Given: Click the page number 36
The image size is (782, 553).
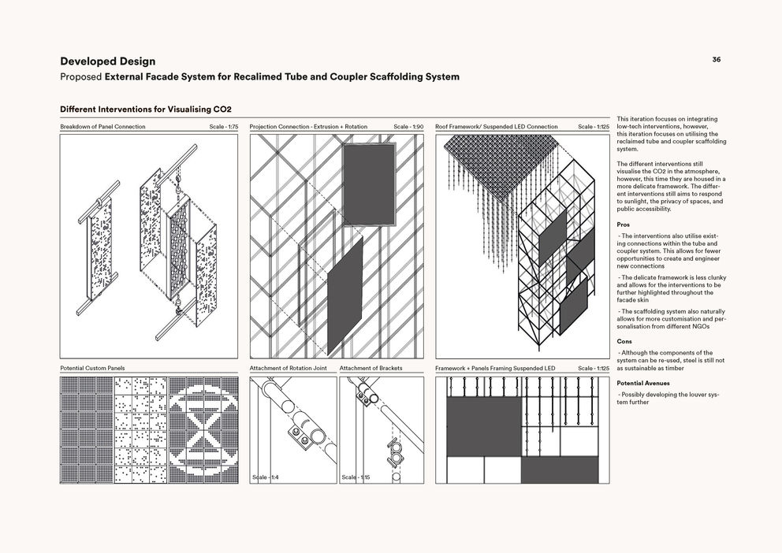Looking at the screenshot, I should click(716, 59).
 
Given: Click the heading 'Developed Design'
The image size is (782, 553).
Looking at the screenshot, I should click(107, 61).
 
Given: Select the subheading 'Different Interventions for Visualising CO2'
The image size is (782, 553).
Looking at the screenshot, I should click(146, 109).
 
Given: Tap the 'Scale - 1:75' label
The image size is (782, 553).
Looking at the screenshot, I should click(224, 127).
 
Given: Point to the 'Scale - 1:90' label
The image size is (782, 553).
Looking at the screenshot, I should click(408, 127).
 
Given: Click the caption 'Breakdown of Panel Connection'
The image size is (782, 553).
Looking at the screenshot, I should click(102, 127).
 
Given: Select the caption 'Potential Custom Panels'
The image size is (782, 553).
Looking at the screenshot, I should click(92, 368).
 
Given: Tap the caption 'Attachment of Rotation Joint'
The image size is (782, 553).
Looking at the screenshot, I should click(288, 368).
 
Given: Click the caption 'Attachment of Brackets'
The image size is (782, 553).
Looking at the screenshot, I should click(371, 368).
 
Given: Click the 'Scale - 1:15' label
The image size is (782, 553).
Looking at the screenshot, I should click(356, 477).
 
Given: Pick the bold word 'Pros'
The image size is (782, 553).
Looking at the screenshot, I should click(623, 225).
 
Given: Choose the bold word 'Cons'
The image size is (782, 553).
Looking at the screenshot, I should click(624, 342).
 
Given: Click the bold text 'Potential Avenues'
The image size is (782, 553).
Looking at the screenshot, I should click(643, 383).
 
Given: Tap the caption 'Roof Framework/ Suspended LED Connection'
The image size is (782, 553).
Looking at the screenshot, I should click(496, 127).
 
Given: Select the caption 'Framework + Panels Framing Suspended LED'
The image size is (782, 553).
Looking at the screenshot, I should click(495, 368).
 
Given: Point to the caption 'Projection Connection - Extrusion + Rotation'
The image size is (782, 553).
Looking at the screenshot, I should click(308, 127).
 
